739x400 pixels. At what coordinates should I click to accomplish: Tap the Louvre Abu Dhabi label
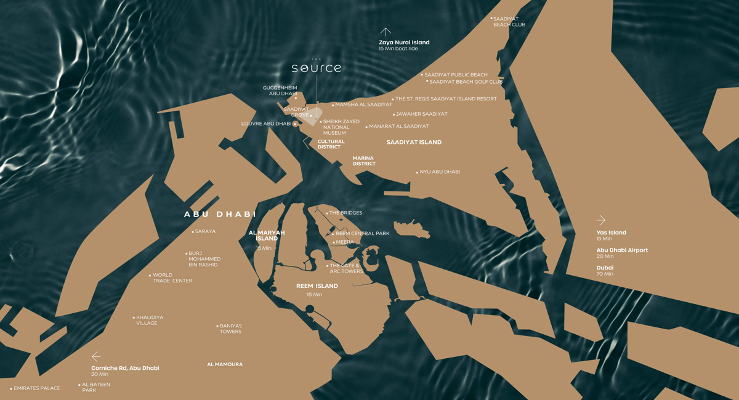(x=267, y=124)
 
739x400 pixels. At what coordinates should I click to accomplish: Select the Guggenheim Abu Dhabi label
(x=280, y=90)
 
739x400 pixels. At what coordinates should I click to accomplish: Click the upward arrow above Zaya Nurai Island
(x=386, y=32)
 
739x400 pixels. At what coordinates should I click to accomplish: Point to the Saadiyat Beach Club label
(x=509, y=22)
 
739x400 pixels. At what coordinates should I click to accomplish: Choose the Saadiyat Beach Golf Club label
(x=466, y=81)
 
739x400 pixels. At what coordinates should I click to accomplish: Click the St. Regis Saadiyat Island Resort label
(x=446, y=98)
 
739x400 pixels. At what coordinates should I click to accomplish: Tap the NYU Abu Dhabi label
(x=440, y=172)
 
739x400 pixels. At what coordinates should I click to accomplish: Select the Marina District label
(x=363, y=161)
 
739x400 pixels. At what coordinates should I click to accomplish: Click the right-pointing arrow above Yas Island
(x=601, y=220)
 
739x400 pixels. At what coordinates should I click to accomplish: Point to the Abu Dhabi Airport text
(x=622, y=250)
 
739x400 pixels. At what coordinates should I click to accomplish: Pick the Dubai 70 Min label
(x=605, y=270)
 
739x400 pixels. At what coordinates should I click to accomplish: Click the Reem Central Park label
(x=362, y=234)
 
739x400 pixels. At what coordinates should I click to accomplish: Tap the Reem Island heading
(x=317, y=286)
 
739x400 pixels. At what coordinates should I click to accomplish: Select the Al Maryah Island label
(x=267, y=235)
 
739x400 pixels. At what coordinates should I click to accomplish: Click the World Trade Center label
(x=172, y=278)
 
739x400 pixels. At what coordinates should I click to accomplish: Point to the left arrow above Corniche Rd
(x=96, y=356)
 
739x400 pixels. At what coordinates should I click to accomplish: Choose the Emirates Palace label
(x=37, y=388)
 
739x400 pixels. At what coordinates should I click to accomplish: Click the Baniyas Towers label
(x=230, y=329)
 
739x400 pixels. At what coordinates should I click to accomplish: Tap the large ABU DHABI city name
(x=220, y=214)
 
